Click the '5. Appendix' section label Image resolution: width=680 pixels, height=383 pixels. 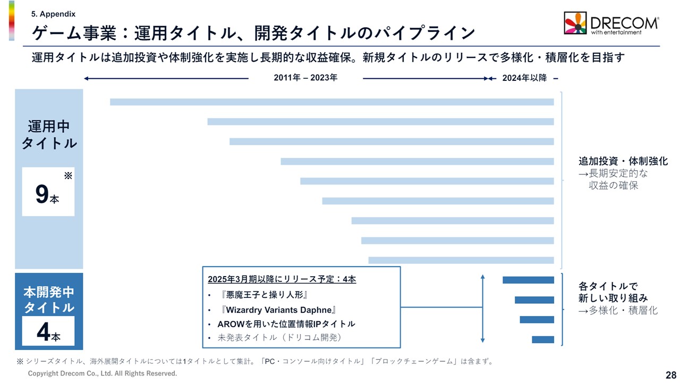click(x=54, y=14)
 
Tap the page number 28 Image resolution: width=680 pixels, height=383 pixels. click(x=670, y=374)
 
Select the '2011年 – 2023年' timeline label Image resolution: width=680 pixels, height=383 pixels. click(x=305, y=78)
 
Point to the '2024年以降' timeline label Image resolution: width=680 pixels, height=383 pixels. click(x=524, y=78)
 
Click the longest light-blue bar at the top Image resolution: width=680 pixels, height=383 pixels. click(x=331, y=102)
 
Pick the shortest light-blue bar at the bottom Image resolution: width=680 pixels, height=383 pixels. click(x=461, y=260)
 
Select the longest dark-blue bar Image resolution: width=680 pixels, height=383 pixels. click(x=528, y=280)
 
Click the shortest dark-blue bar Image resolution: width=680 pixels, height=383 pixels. click(x=542, y=339)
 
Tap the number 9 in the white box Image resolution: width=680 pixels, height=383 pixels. click(x=42, y=194)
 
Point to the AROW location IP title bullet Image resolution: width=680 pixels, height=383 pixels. click(x=286, y=323)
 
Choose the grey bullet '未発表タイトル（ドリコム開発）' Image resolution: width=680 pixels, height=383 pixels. click(x=279, y=338)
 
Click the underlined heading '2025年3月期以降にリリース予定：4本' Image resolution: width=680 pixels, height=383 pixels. click(x=282, y=279)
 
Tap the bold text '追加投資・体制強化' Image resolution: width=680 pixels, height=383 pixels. click(x=623, y=161)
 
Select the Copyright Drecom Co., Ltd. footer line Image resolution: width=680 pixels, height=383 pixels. click(x=103, y=374)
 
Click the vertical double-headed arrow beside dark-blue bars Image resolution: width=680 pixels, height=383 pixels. click(x=482, y=309)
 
